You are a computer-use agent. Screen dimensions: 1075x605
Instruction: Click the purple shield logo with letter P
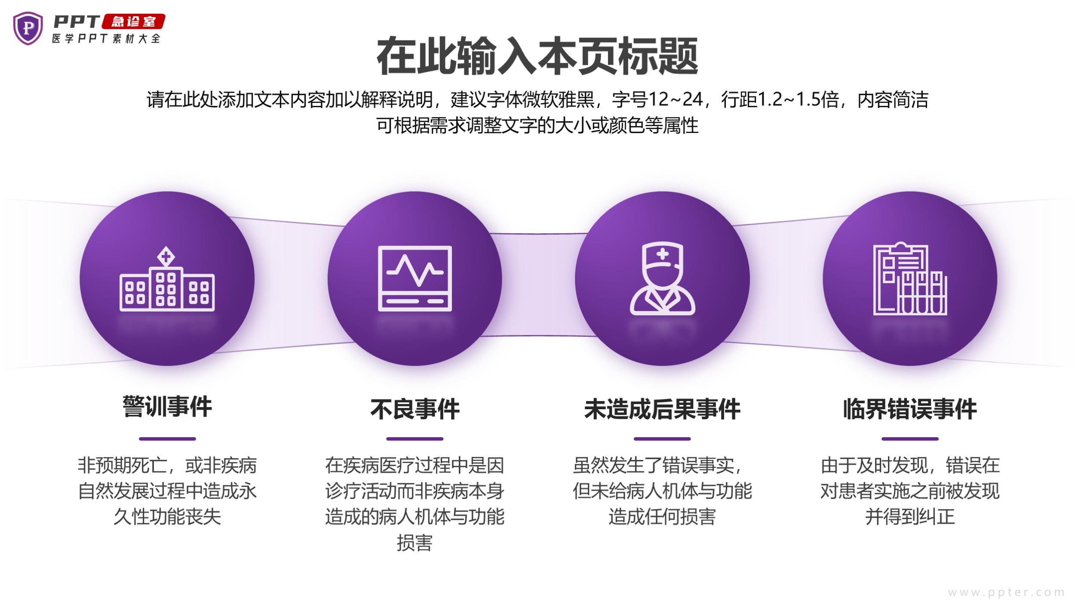click(28, 28)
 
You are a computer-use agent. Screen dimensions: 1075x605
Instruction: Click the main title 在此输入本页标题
click(537, 56)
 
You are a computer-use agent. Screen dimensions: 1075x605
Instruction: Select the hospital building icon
click(167, 278)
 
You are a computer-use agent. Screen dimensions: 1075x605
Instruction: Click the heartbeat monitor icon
click(415, 278)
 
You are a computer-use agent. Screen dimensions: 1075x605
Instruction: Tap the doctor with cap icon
click(662, 278)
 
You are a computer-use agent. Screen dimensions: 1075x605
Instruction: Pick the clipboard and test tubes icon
click(910, 278)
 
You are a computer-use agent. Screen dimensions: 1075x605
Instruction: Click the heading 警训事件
click(167, 407)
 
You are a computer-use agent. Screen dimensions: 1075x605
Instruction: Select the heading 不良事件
click(415, 409)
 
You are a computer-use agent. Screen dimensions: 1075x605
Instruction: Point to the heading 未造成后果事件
click(662, 409)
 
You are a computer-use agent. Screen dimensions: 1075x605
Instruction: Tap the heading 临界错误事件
click(910, 409)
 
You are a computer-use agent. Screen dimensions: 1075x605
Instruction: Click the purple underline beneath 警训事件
click(167, 439)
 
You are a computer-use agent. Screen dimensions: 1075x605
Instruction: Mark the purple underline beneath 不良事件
click(415, 439)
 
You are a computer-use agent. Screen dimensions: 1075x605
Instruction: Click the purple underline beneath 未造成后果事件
click(662, 439)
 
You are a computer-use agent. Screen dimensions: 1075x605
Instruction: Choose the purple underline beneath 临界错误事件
click(910, 439)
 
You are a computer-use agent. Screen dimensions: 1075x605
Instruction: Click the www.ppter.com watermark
click(1006, 593)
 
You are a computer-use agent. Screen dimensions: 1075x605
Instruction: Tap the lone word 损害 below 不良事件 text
click(415, 543)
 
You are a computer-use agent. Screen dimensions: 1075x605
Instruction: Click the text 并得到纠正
click(910, 517)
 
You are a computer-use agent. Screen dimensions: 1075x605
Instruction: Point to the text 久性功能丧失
click(167, 517)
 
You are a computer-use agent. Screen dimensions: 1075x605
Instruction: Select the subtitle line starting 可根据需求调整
click(537, 125)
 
